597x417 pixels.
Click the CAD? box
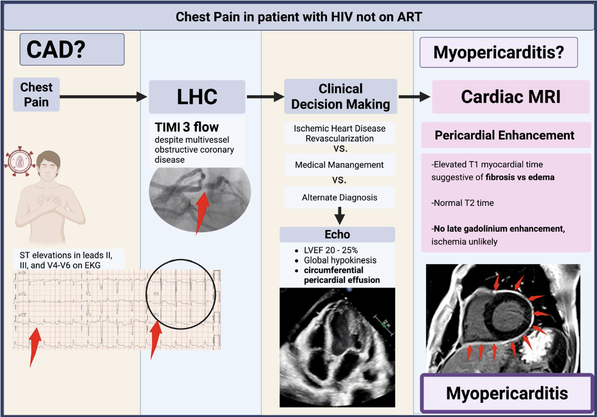[x=72, y=49]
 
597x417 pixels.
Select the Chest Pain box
[x=36, y=95]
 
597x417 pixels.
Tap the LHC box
[x=197, y=97]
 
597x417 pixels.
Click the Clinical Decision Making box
[x=341, y=96]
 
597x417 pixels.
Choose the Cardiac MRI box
[x=511, y=97]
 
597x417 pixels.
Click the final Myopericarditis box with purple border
[x=507, y=393]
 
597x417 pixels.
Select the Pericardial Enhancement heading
[x=504, y=135]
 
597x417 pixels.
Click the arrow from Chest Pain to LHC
[x=103, y=96]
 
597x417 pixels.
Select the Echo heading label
[x=337, y=235]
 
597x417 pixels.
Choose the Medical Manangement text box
[x=340, y=165]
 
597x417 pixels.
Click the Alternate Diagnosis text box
[x=340, y=197]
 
